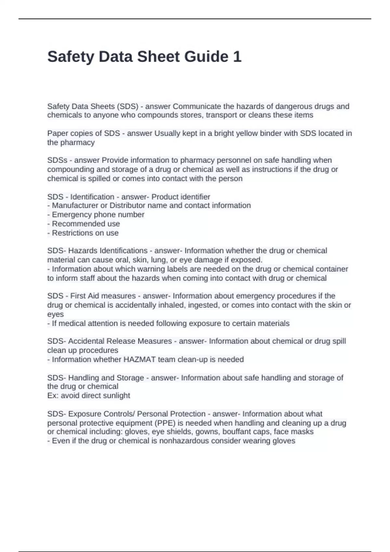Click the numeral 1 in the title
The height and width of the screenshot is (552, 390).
[x=237, y=57]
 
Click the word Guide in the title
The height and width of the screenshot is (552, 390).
[x=206, y=57]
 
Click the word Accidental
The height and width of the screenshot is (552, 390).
[x=86, y=341]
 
